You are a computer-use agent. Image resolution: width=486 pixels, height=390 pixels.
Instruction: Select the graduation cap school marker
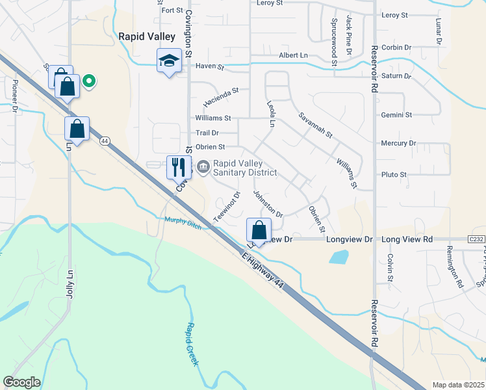coord(170,60)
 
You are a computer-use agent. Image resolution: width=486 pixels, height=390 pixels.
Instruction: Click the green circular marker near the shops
coord(90,81)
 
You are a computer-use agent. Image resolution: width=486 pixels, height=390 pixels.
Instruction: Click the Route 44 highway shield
coord(104,140)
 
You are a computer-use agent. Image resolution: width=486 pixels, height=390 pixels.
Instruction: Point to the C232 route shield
coord(476,239)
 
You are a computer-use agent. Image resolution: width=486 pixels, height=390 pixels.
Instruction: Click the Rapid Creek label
coord(192,344)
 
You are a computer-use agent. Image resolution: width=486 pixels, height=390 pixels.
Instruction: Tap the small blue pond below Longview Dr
coord(338,257)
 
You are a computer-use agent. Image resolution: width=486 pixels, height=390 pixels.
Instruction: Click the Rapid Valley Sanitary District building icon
coord(203,168)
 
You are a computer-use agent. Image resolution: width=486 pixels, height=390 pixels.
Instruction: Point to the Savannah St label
coord(315,125)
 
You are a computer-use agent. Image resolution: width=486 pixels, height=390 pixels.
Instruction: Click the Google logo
coord(22,382)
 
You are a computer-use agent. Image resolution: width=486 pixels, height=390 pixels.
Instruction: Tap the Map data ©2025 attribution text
coord(457,385)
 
